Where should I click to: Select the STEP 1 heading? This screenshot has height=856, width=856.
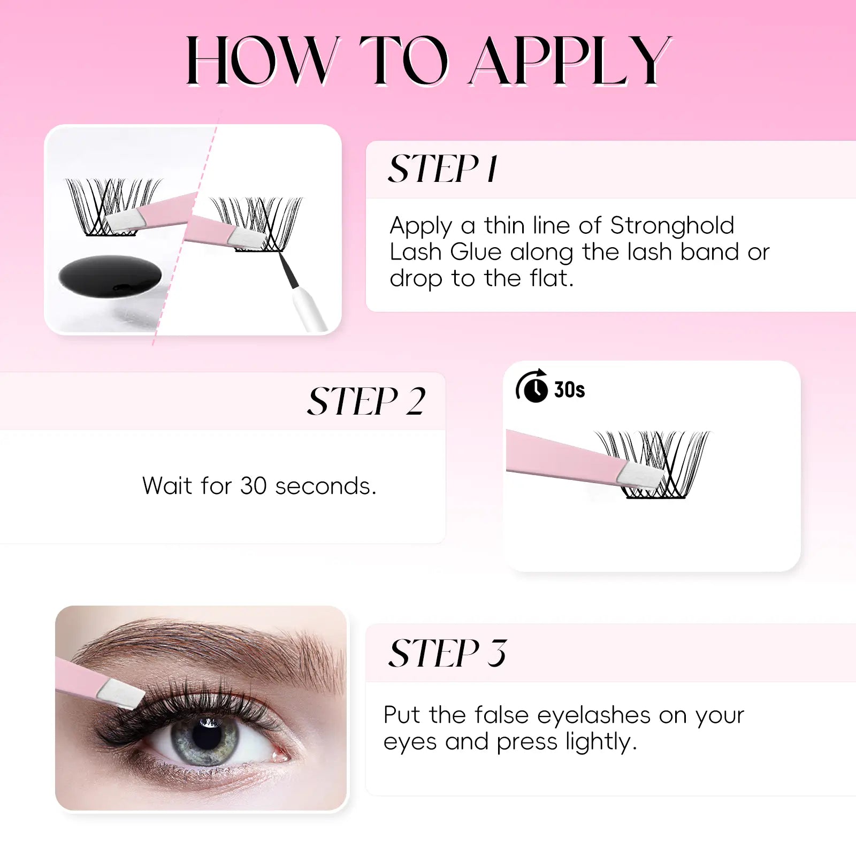pyautogui.click(x=443, y=169)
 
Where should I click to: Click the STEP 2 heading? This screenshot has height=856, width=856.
pyautogui.click(x=366, y=401)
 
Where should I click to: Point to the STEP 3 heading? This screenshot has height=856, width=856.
pyautogui.click(x=447, y=653)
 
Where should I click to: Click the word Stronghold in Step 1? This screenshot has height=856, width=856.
pyautogui.click(x=672, y=226)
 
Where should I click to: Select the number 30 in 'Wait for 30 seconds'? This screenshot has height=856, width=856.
pyautogui.click(x=253, y=486)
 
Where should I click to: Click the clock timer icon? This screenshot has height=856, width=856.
pyautogui.click(x=532, y=386)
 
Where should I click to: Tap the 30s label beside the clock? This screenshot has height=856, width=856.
pyautogui.click(x=569, y=390)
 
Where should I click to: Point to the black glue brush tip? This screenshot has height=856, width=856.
pyautogui.click(x=289, y=271)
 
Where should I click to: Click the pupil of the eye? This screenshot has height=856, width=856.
pyautogui.click(x=207, y=734)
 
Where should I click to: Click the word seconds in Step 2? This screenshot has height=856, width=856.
pyautogui.click(x=325, y=486)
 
